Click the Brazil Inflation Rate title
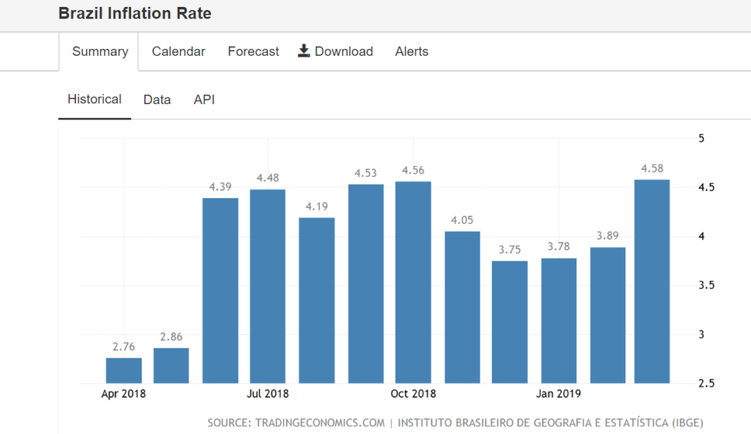coord(135,14)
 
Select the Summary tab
coord(100,52)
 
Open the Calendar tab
coord(179,52)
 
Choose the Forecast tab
coord(254,52)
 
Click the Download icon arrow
coord(304,51)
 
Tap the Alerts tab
coord(412,52)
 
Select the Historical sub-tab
coord(94,100)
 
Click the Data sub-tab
coord(157,100)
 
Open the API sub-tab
coord(204,100)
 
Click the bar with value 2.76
coord(123,370)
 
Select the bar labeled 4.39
coord(220,291)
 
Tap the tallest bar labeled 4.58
coord(652,281)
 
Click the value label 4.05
coord(462,220)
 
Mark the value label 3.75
coord(510,250)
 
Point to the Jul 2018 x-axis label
coord(268,394)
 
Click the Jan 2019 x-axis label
coord(559,394)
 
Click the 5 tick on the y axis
coord(701,139)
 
